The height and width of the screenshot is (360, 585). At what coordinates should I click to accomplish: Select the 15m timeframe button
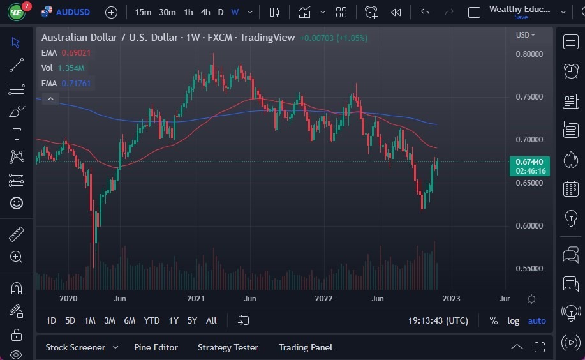(x=143, y=12)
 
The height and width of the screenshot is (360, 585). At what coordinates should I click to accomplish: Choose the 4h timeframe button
(x=205, y=12)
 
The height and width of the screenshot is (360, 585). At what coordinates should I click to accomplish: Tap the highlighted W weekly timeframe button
(x=235, y=12)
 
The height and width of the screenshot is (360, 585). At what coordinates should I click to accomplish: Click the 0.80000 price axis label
(x=529, y=54)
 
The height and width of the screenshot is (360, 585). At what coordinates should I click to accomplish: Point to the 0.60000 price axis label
(x=529, y=226)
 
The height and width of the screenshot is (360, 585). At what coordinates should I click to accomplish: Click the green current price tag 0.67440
(x=529, y=162)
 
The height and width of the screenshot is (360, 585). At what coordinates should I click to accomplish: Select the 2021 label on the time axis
(x=195, y=299)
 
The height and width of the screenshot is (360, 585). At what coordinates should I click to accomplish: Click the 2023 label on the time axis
(x=450, y=299)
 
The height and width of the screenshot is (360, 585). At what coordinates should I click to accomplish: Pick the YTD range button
(x=152, y=320)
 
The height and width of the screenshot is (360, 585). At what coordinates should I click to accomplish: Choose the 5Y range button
(x=192, y=320)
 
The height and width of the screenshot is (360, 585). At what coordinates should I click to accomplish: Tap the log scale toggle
(x=513, y=320)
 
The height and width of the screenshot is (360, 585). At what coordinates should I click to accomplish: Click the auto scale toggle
(x=537, y=320)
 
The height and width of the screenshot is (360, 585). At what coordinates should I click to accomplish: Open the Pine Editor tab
(x=156, y=347)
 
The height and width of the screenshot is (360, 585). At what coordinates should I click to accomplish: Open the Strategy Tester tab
(x=228, y=347)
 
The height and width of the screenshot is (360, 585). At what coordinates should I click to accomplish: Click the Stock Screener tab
(x=75, y=347)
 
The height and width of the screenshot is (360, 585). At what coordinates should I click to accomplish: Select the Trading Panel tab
(x=305, y=347)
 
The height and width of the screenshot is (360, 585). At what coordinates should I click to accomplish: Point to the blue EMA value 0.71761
(x=77, y=83)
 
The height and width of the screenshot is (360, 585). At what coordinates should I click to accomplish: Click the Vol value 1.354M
(x=71, y=68)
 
